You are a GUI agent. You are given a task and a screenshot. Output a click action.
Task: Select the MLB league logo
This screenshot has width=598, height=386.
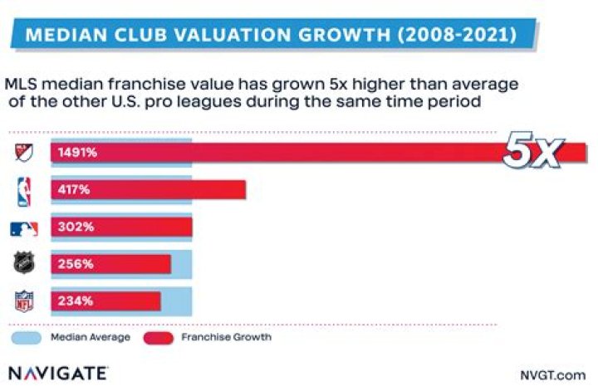pos(24,228)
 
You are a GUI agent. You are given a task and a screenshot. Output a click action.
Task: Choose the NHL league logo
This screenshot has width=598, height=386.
pos(24,264)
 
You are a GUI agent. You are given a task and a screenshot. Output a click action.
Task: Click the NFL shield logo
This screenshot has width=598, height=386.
pos(24,300)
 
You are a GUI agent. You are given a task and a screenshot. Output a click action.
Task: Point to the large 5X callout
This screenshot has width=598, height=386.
pos(536,152)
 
